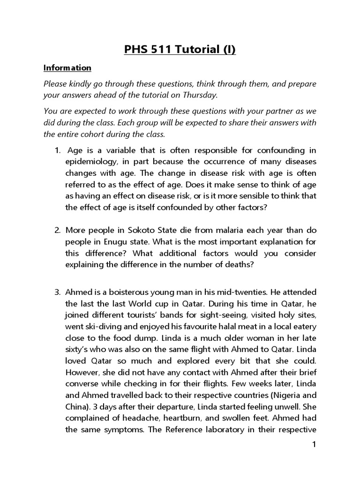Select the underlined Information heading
(67, 68)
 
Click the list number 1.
(58, 151)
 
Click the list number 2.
(58, 231)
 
